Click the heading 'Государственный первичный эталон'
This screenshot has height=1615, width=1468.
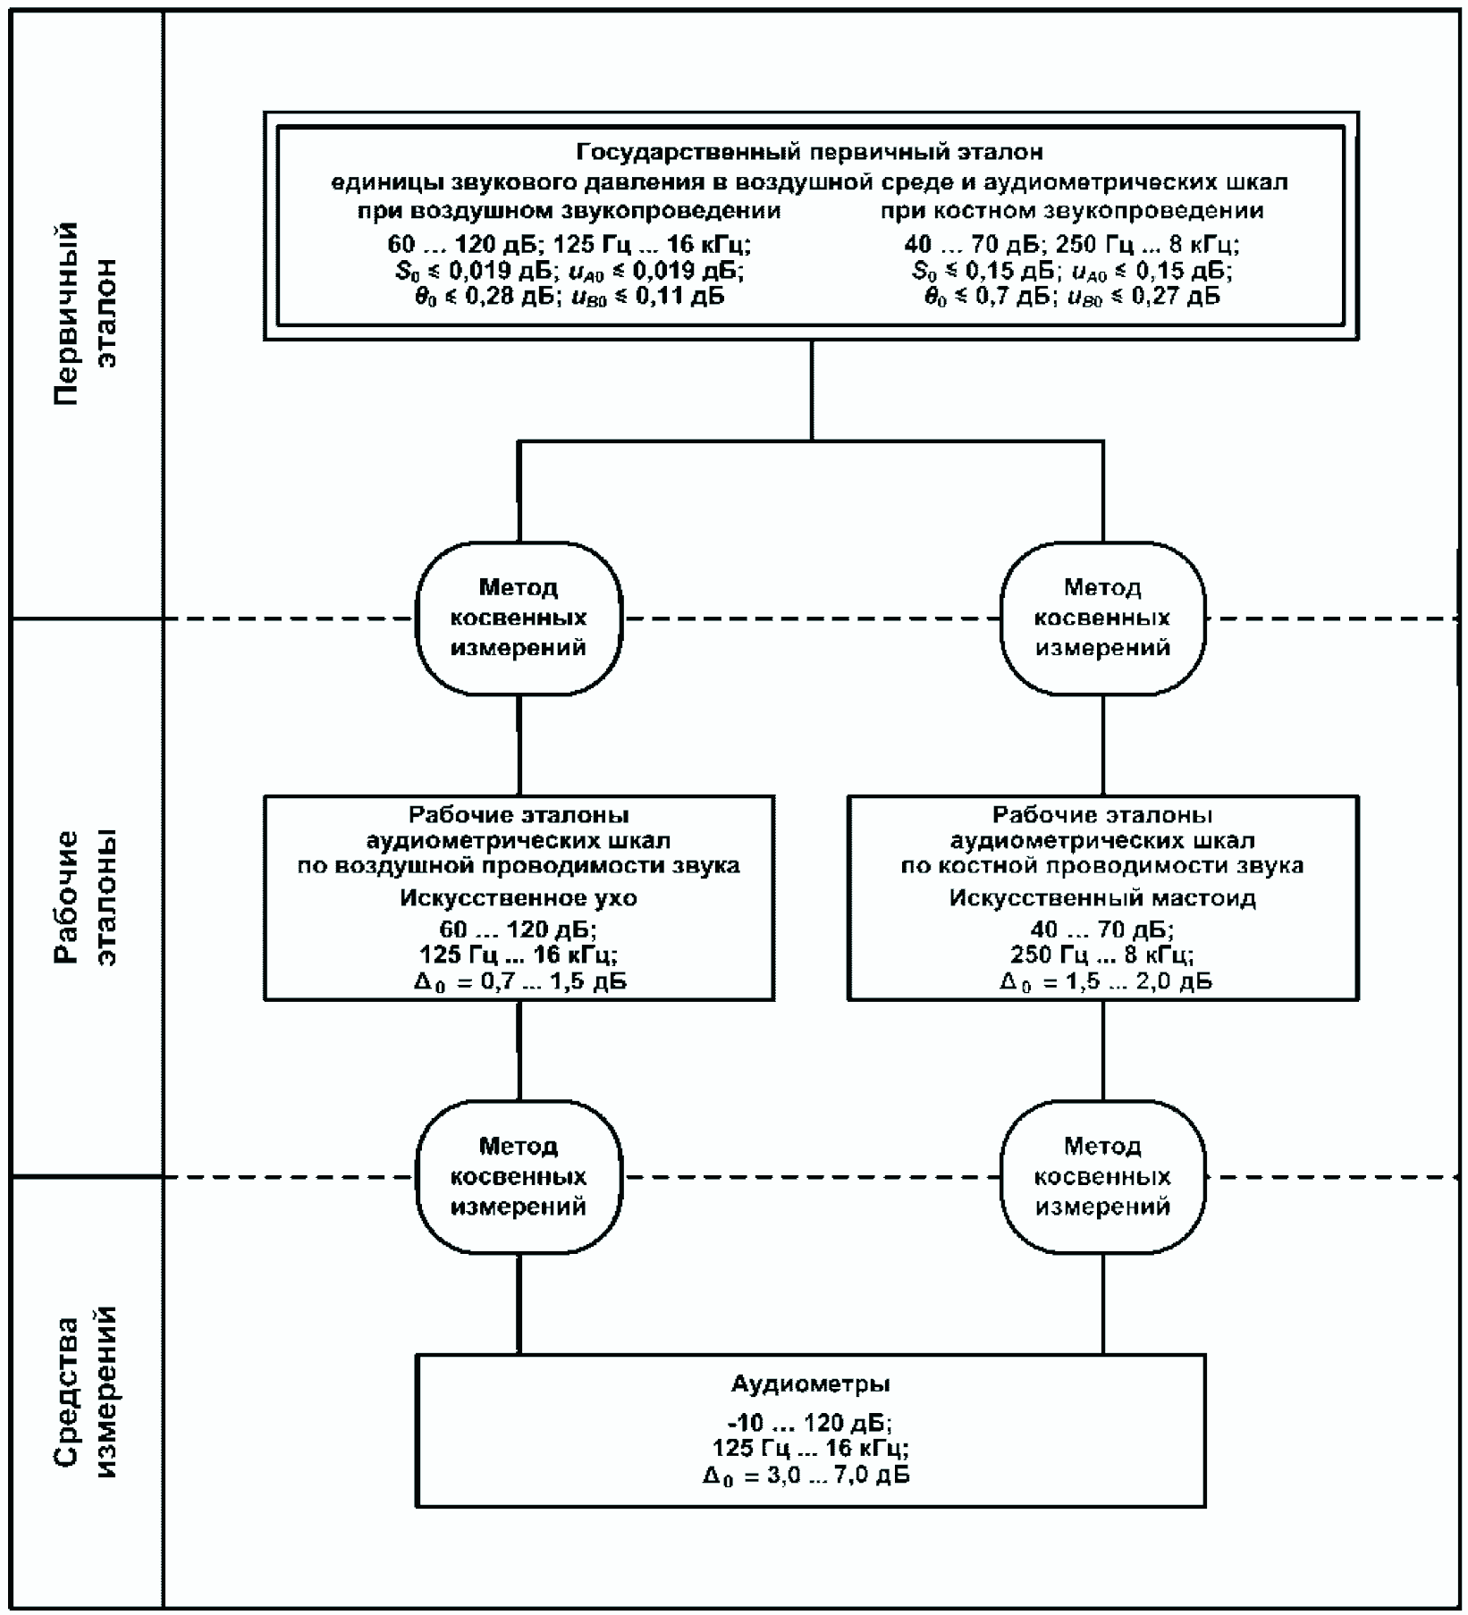pyautogui.click(x=810, y=152)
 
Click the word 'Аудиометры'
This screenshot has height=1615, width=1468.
pyautogui.click(x=811, y=1384)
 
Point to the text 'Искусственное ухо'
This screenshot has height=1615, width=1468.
pyautogui.click(x=519, y=897)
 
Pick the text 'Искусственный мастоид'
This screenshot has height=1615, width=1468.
pyautogui.click(x=1102, y=897)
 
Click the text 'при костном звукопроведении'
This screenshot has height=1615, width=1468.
pyautogui.click(x=1072, y=211)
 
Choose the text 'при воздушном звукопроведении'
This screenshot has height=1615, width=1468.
pyautogui.click(x=569, y=211)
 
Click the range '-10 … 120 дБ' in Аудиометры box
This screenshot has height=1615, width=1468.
pyautogui.click(x=810, y=1422)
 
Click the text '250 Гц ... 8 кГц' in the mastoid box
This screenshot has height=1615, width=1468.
pyautogui.click(x=1101, y=955)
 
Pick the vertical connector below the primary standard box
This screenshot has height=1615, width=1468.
pyautogui.click(x=812, y=391)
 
